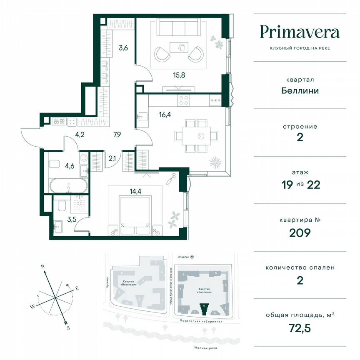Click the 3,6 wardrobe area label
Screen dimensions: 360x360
pyautogui.click(x=123, y=47)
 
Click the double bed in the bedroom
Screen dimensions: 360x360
pyautogui.click(x=135, y=212)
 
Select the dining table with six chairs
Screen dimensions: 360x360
pyautogui.click(x=196, y=136)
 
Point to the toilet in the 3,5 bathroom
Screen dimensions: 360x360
pyautogui.click(x=62, y=206)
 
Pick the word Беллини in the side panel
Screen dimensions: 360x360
pyautogui.click(x=300, y=90)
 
